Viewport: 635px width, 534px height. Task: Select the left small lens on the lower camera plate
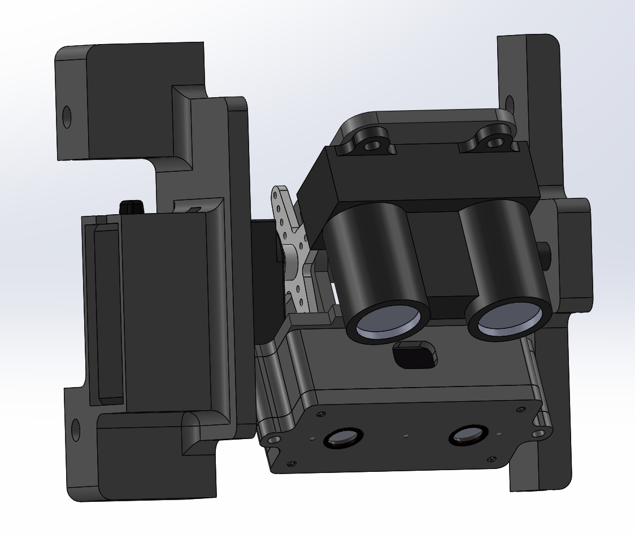342,437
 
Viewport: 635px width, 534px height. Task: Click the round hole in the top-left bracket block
67,117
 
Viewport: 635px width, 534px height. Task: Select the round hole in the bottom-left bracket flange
75,430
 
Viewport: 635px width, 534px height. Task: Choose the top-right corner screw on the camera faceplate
519,409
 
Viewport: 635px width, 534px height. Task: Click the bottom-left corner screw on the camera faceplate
292,464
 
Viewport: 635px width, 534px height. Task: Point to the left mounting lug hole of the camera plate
274,439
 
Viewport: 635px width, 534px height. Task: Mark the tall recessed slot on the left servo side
107,311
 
